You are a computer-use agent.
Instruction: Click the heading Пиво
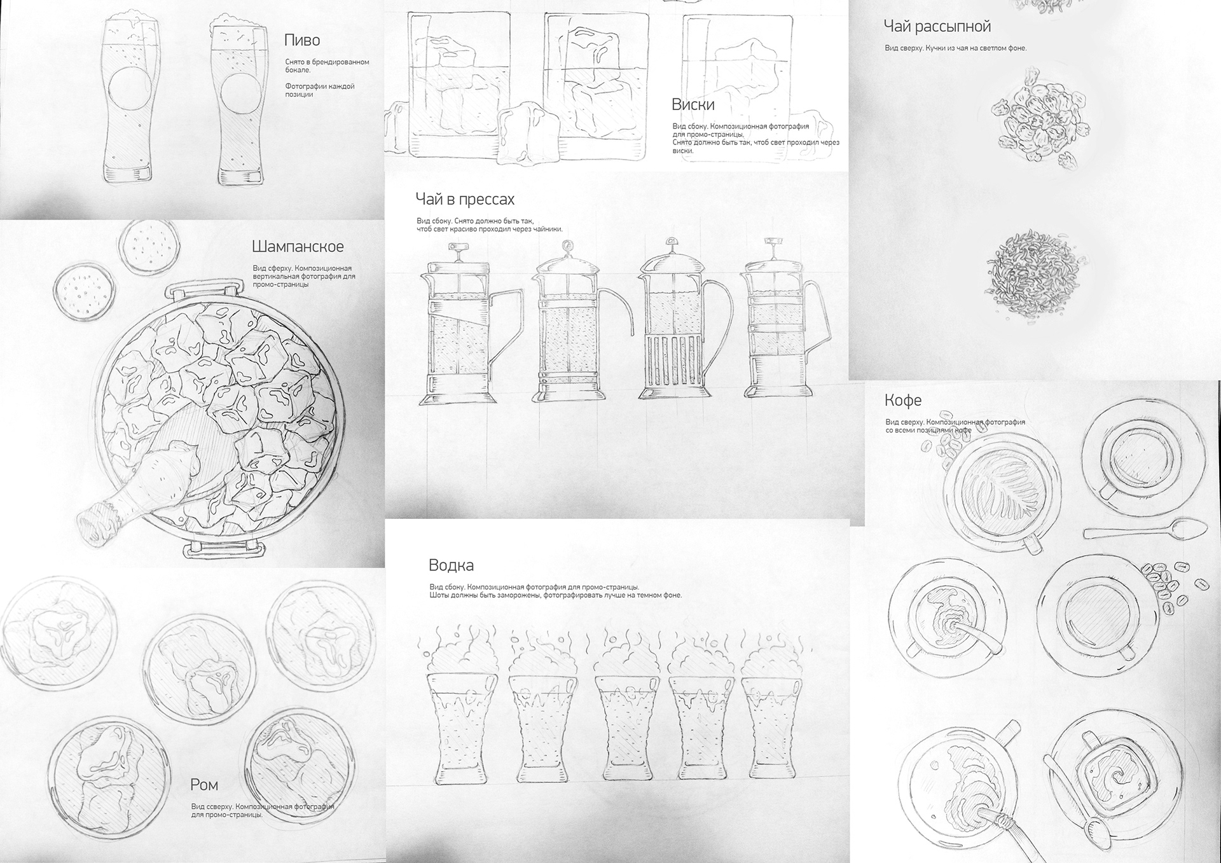click(302, 40)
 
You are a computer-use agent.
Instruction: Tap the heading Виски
click(693, 104)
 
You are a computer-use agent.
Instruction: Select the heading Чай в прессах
click(465, 199)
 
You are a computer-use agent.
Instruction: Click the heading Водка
click(451, 565)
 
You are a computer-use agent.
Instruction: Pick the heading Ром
click(204, 785)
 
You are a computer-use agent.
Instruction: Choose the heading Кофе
click(903, 400)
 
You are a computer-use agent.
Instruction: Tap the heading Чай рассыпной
click(937, 27)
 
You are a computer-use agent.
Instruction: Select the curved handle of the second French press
click(617, 309)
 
